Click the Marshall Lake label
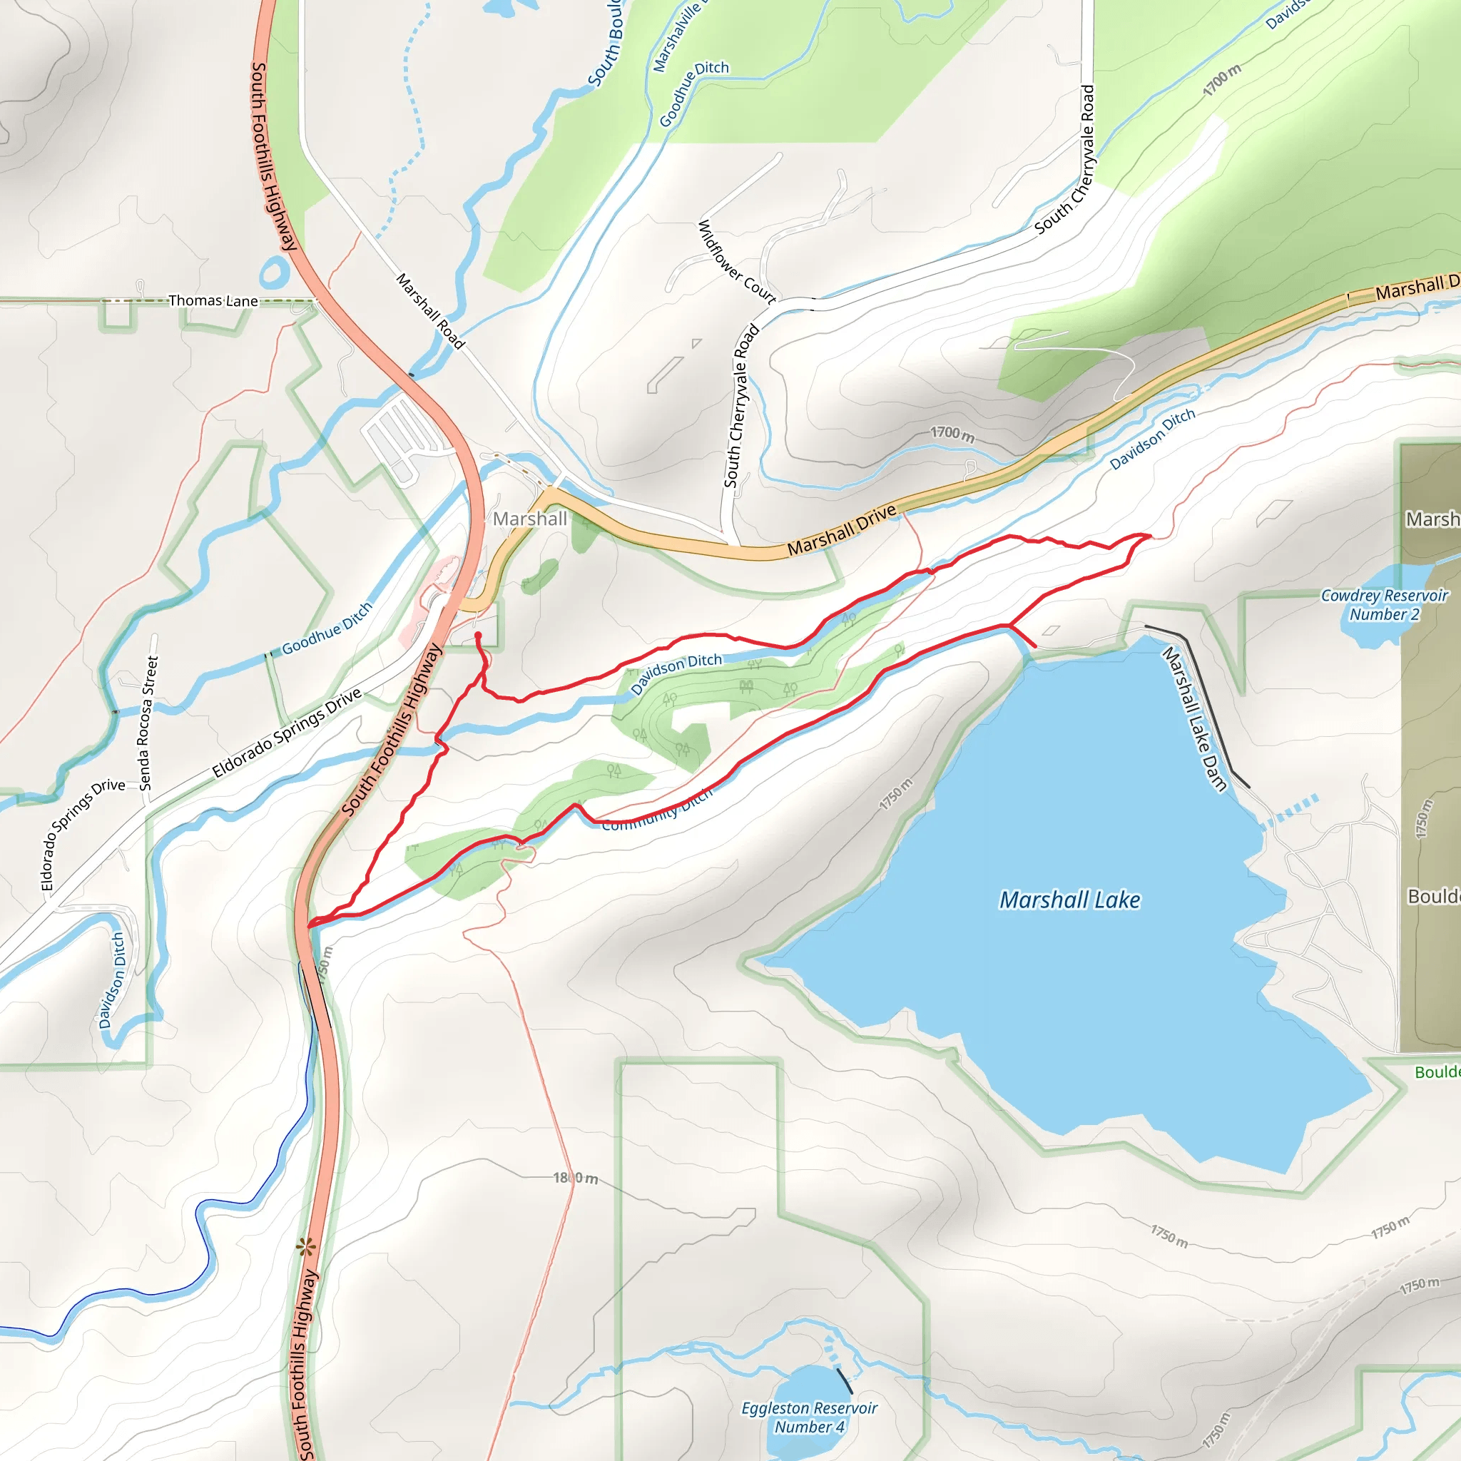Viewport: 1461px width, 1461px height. click(1069, 900)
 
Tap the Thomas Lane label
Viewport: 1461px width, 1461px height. click(213, 301)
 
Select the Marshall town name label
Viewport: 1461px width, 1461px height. click(529, 519)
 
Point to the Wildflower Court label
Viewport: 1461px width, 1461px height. click(735, 262)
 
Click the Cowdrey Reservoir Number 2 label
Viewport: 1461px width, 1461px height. click(1384, 605)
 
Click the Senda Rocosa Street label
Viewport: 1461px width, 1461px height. click(148, 723)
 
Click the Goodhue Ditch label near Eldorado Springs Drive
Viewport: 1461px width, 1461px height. click(327, 628)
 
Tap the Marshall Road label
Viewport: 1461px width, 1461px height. click(430, 311)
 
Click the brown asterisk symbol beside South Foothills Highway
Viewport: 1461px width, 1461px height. click(305, 1248)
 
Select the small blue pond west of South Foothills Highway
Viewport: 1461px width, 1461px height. click(274, 270)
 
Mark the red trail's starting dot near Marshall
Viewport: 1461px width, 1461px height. click(478, 635)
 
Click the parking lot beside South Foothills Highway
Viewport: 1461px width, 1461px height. click(401, 436)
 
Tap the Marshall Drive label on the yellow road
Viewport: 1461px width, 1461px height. click(842, 529)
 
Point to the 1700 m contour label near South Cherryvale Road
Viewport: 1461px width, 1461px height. click(952, 434)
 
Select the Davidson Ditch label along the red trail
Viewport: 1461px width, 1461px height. click(676, 672)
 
